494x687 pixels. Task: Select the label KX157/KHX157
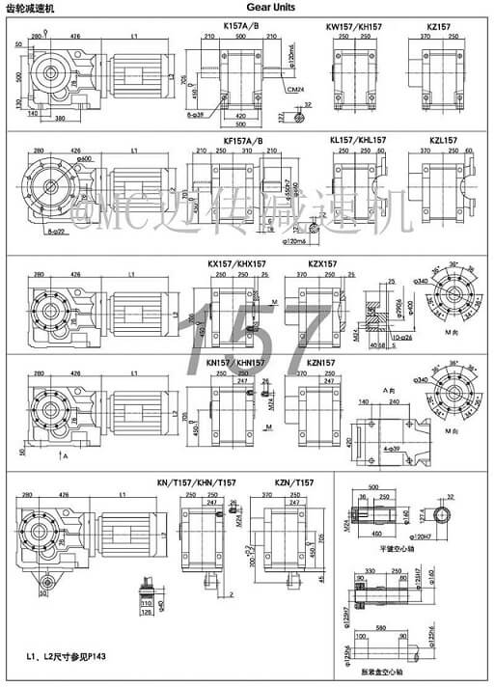pyautogui.click(x=237, y=263)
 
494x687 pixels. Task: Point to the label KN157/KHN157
pyautogui.click(x=237, y=362)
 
